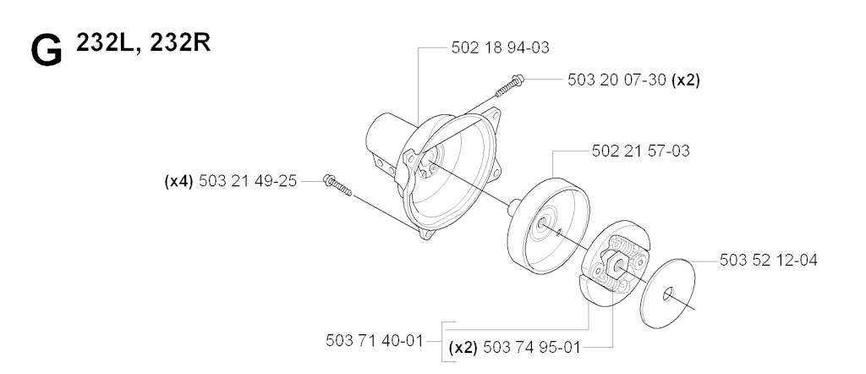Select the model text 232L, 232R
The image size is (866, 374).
click(143, 42)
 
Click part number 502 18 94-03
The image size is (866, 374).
click(501, 47)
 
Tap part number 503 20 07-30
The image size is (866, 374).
click(617, 80)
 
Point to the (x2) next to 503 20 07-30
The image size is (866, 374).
click(685, 80)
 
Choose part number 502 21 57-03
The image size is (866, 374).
click(641, 151)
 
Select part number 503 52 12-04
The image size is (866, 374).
click(769, 261)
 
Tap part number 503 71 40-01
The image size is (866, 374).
click(375, 341)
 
